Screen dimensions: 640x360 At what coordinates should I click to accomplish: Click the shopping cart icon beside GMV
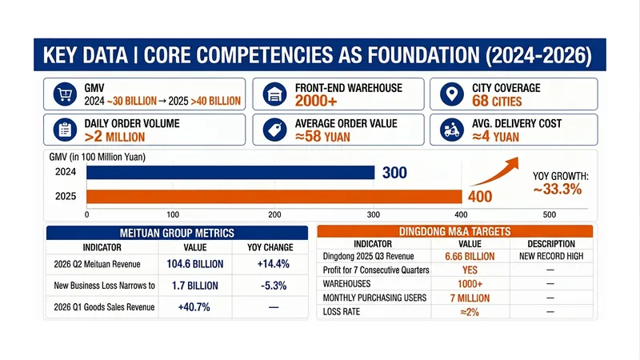coord(65,94)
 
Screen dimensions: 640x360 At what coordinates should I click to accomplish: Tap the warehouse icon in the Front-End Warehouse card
coord(274,94)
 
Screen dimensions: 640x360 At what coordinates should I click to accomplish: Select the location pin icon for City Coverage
coord(452,94)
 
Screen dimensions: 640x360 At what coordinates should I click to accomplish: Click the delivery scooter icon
coord(452,130)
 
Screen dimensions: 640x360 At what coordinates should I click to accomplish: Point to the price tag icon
coord(274,130)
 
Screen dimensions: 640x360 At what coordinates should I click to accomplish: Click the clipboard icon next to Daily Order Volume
coord(65,130)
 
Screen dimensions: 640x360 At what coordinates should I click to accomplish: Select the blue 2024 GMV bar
coord(230,173)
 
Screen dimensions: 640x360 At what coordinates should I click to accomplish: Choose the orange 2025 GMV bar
coord(274,196)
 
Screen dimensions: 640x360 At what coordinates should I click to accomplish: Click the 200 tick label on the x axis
coord(274,214)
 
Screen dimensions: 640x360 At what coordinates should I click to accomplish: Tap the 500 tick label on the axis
coord(550,214)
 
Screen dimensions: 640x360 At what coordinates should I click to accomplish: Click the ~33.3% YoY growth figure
coord(558,190)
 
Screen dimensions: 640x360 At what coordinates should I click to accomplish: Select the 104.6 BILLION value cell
coord(195,264)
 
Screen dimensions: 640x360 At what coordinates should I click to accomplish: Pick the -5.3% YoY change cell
coord(274,286)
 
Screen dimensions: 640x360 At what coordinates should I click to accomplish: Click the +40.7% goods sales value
coord(194,307)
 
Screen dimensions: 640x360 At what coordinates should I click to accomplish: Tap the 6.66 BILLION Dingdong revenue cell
coord(470,256)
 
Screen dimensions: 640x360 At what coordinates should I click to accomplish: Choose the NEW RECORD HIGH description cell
coord(551,256)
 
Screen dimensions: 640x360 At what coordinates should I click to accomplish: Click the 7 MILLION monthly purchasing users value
coord(470,298)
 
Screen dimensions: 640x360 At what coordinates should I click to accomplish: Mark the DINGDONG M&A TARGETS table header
coord(454,231)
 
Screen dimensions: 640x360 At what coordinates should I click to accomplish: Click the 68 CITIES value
coord(497,102)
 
